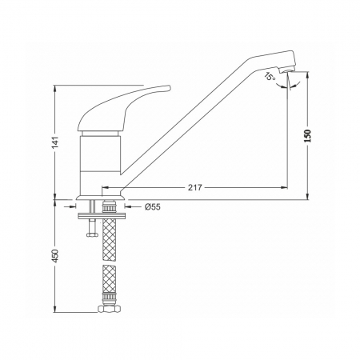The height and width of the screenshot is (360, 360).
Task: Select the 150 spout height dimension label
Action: pos(308,136)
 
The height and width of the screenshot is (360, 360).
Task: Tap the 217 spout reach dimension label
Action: pos(195,187)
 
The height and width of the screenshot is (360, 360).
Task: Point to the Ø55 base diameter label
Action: pos(153,206)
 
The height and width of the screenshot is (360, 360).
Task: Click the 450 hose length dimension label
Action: pos(55,256)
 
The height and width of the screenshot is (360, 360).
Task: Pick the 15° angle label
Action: pos(270,76)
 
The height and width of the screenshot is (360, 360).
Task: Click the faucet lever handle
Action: pos(124,108)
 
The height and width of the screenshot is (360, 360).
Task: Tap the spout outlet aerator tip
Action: pos(287,70)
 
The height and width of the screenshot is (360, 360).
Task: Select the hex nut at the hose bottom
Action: pos(109,309)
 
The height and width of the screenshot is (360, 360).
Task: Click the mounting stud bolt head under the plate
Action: pos(93,234)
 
